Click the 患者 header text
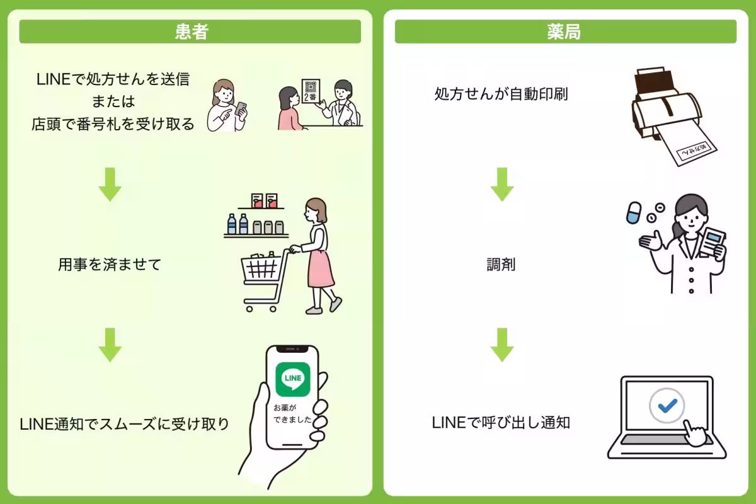tap(191, 32)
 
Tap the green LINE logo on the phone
tap(294, 378)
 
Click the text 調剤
tap(501, 265)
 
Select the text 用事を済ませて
tap(110, 265)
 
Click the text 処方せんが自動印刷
tap(501, 95)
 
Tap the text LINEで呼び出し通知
tap(501, 423)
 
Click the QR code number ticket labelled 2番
tap(310, 92)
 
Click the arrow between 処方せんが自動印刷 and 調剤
tap(502, 184)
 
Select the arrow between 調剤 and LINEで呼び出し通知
tap(502, 345)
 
